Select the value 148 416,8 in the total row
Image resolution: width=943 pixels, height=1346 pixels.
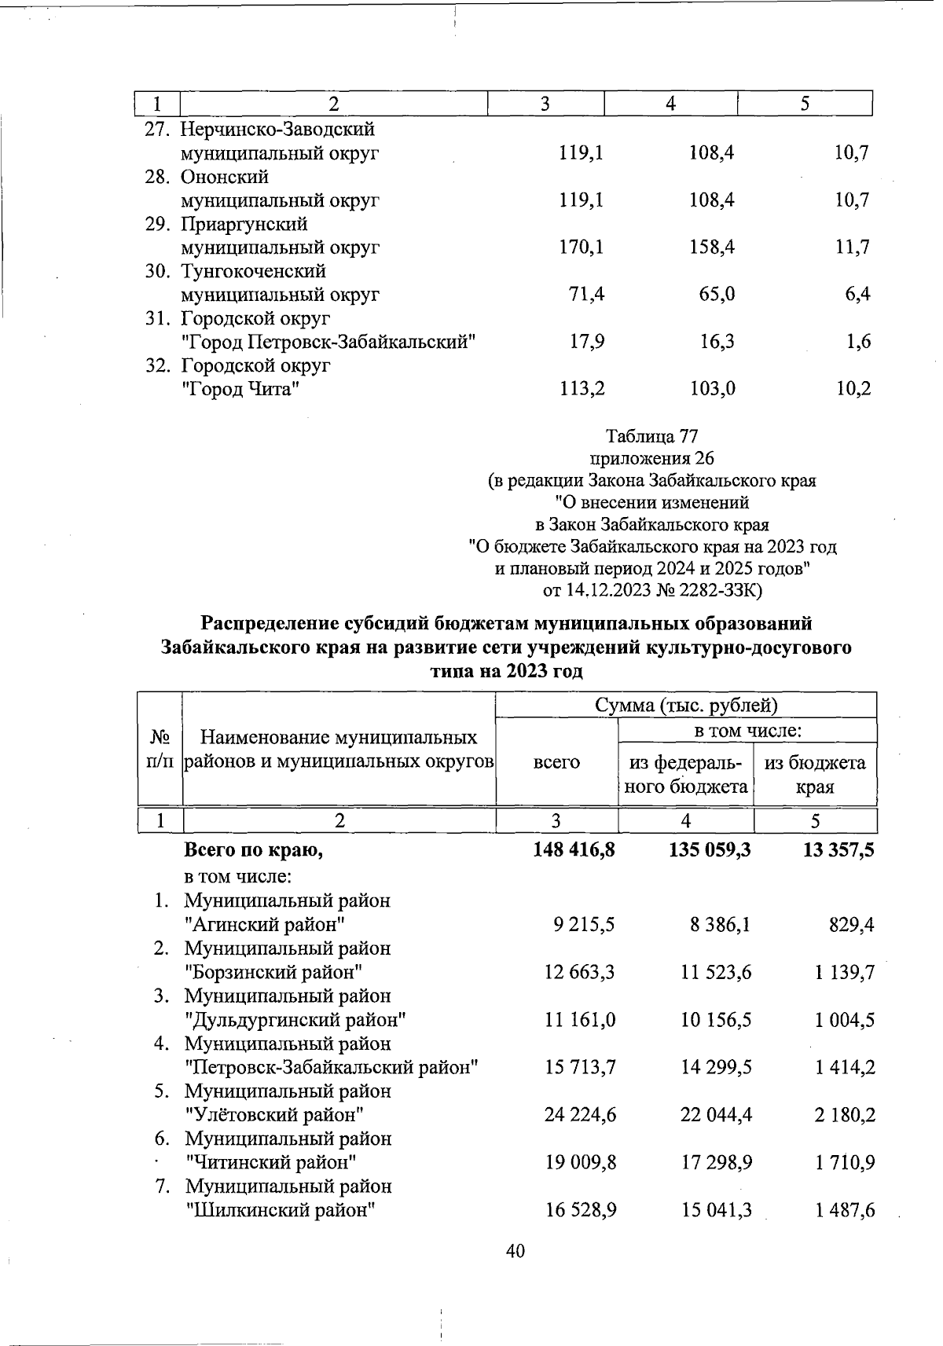tap(573, 850)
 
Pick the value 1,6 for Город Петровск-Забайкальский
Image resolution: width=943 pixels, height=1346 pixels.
tap(859, 342)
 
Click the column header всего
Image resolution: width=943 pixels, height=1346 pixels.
tap(556, 762)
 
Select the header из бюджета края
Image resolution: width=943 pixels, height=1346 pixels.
tap(815, 774)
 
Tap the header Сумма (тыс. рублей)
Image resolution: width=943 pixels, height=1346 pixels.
tap(686, 706)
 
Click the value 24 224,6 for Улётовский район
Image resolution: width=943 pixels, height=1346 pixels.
tap(580, 1114)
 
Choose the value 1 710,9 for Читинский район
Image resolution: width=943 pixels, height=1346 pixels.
tap(846, 1162)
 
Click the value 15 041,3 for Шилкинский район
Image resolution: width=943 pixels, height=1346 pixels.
tap(717, 1210)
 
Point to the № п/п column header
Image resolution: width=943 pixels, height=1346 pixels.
tap(160, 750)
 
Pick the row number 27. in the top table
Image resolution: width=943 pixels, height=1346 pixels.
tap(160, 129)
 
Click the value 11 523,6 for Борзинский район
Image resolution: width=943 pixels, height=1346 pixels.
tap(716, 973)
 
